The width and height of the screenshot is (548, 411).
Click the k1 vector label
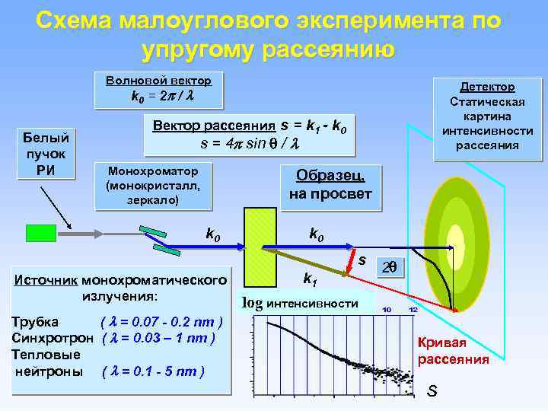tap(311, 279)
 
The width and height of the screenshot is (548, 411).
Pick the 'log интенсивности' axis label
tap(300, 303)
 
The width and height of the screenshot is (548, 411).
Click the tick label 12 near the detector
tap(413, 309)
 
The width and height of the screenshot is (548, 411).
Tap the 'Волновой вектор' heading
tap(159, 81)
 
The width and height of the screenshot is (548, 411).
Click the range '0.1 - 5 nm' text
tap(167, 371)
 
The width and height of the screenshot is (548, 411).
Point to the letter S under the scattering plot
tap(432, 391)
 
